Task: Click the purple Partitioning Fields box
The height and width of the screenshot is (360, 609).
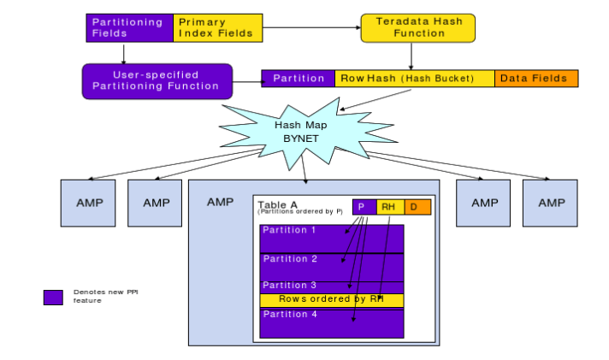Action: [129, 27]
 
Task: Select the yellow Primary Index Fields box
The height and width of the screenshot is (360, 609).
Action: [216, 27]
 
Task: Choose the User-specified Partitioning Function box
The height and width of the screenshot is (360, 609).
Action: [157, 80]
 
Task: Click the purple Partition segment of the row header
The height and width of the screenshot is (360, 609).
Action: [298, 79]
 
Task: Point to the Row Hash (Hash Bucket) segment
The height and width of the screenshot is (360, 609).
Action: [414, 79]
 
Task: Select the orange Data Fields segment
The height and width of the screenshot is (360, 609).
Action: [536, 79]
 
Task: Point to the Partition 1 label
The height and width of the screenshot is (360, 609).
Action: [289, 231]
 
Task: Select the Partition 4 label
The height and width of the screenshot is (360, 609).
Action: [289, 314]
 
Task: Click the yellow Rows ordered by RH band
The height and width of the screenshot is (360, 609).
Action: [331, 299]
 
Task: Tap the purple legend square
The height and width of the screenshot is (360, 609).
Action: [53, 298]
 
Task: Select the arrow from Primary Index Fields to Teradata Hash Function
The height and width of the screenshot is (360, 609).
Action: [311, 27]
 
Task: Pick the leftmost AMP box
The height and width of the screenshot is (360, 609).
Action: [87, 203]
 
